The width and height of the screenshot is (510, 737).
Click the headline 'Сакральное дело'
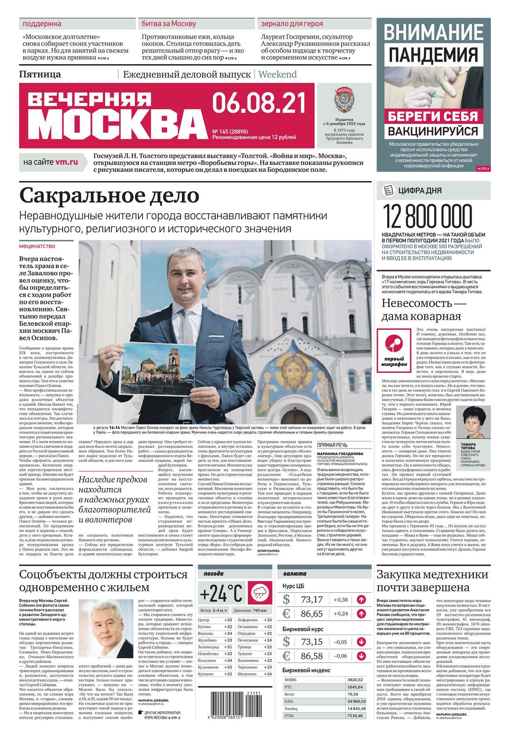tap(109, 196)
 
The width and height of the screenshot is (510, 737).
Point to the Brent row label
tap(289, 694)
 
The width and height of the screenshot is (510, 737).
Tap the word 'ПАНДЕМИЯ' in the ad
tap(433, 55)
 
